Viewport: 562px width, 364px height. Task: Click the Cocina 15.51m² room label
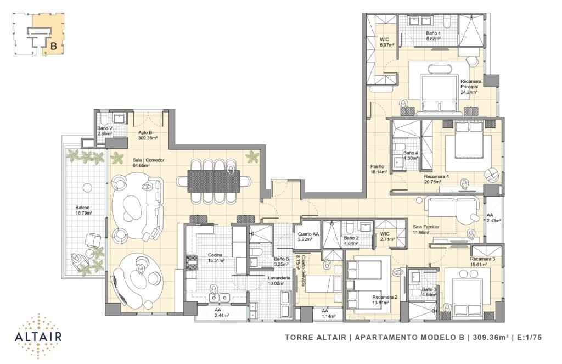216,258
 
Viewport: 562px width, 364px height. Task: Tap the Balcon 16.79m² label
84,210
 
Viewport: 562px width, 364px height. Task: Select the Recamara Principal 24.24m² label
470,86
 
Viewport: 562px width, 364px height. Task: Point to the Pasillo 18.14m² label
379,169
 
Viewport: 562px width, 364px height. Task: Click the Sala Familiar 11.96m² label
425,229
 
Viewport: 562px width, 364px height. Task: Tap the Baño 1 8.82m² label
433,35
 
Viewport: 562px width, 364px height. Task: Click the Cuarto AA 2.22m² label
308,237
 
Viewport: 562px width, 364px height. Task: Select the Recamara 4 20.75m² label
436,178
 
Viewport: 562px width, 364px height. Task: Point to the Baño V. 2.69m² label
105,131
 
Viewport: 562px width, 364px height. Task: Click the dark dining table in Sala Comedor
213,182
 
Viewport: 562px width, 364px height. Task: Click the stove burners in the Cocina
192,262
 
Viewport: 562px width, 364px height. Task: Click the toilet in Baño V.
103,119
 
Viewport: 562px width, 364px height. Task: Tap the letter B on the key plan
54,46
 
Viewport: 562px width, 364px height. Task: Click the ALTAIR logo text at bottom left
38,337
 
